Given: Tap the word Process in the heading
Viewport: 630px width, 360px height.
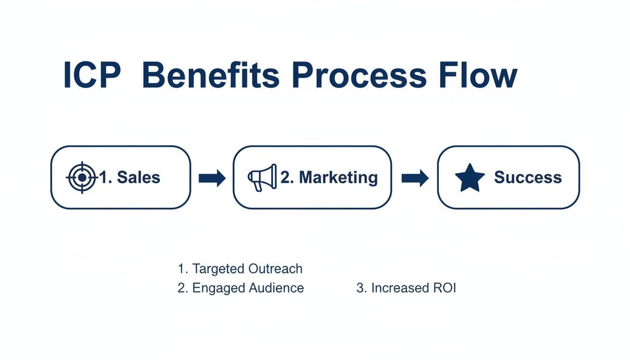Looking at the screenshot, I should (x=360, y=75).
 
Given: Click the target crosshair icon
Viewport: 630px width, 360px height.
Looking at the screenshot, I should (x=82, y=177).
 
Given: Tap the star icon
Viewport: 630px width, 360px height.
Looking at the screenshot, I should (x=470, y=178).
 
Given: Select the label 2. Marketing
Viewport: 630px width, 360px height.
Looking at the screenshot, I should (x=329, y=177).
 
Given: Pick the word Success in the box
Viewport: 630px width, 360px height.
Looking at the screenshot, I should (x=528, y=177).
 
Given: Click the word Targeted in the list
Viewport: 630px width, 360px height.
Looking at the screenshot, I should (x=218, y=269).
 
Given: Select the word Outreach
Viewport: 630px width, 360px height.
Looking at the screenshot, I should (x=275, y=269).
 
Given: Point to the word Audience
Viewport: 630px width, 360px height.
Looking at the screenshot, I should (x=277, y=288).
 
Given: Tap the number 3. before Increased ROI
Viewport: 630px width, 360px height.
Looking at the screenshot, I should (x=361, y=288).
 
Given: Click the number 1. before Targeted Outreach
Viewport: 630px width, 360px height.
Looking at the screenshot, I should (x=182, y=269).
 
